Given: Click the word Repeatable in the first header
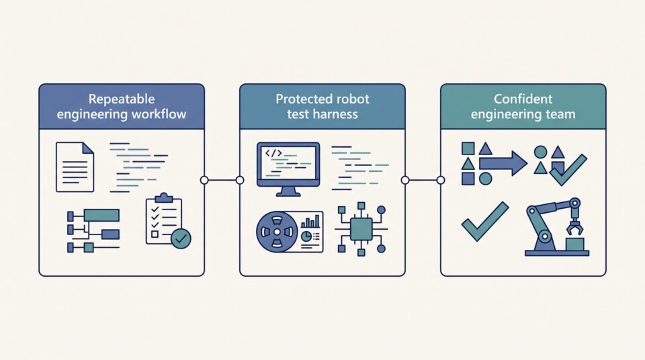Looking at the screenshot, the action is [122, 99].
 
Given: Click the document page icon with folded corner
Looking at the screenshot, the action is [75, 167].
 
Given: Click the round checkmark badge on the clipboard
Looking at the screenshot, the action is [181, 238].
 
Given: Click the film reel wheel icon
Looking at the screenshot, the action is [277, 232].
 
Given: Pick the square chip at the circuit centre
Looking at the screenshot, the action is [361, 229].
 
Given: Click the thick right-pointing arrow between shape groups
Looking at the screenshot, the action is [503, 163].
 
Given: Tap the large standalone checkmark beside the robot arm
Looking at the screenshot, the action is [485, 221].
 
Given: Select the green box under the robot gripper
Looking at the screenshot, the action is [574, 244].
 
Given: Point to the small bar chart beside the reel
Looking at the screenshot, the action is [310, 221].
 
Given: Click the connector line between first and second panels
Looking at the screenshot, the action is [222, 180].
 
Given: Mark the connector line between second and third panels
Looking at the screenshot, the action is [423, 180].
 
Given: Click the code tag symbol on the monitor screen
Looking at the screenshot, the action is [273, 153].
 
